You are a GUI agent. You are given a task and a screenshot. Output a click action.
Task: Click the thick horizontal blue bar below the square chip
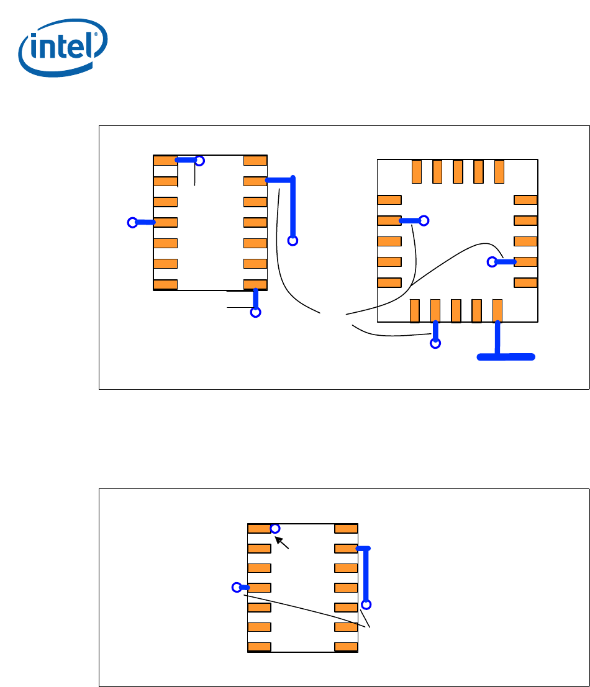click(x=506, y=356)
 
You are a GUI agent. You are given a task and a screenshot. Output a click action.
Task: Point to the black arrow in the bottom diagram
click(x=283, y=543)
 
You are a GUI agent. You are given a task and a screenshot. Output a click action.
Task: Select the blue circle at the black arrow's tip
click(x=275, y=528)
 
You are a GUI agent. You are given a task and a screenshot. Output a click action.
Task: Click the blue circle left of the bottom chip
click(x=236, y=587)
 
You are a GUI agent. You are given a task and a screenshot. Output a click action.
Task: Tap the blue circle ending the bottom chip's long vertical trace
click(x=366, y=604)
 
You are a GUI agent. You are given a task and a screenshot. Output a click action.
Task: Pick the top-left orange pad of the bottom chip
click(x=259, y=529)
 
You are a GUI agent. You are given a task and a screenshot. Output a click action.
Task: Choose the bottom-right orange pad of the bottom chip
click(x=346, y=647)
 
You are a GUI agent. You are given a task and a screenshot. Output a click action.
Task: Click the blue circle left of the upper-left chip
click(x=132, y=222)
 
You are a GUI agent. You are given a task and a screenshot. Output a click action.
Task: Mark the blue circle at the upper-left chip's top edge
click(x=199, y=161)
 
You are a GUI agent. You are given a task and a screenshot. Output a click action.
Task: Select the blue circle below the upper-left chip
click(x=255, y=312)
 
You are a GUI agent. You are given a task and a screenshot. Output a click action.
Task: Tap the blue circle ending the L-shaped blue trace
click(x=293, y=240)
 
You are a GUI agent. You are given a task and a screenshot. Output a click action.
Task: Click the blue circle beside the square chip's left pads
click(x=424, y=220)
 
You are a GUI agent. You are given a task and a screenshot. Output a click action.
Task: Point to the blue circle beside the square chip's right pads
click(x=492, y=262)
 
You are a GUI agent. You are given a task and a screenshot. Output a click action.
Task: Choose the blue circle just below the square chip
click(x=436, y=343)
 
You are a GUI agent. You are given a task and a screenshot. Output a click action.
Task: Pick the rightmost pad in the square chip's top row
click(x=499, y=172)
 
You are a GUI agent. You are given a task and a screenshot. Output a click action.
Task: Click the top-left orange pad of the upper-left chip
click(x=165, y=161)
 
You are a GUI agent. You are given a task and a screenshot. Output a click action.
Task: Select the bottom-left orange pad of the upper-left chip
click(x=165, y=285)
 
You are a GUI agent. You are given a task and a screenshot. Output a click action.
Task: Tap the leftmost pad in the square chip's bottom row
click(x=415, y=310)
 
